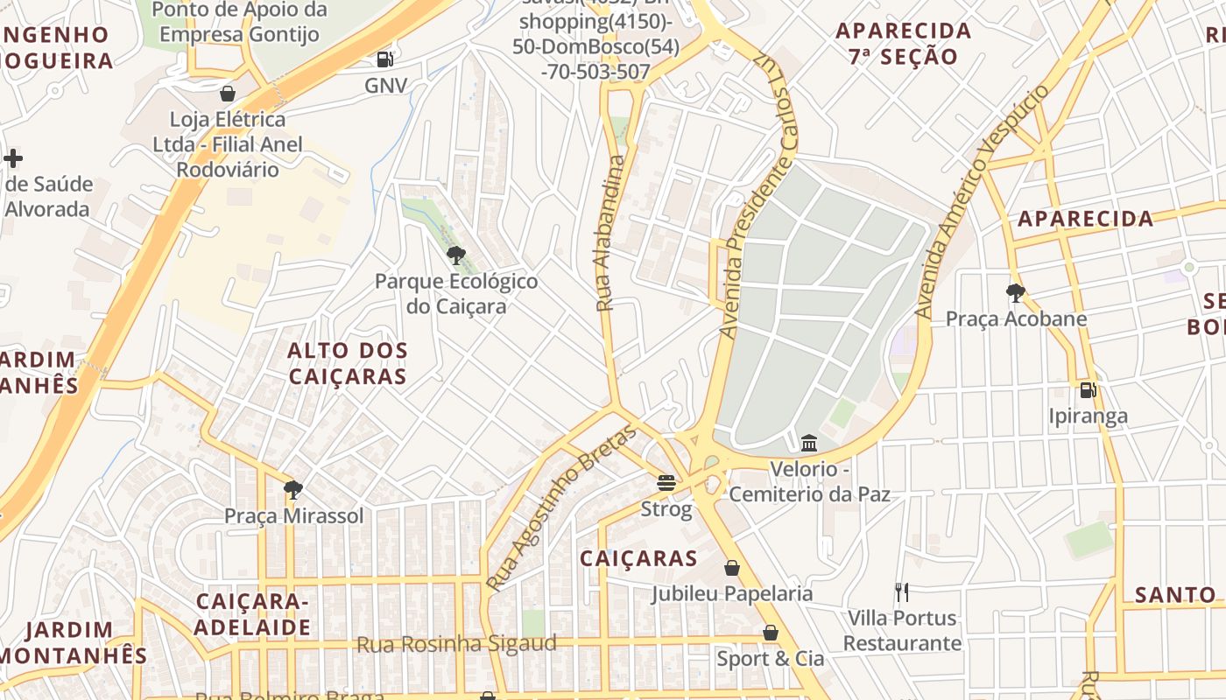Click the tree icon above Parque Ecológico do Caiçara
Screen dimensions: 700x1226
tap(455, 255)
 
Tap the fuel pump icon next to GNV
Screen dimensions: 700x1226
tap(384, 59)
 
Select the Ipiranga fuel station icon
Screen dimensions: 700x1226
tap(1088, 390)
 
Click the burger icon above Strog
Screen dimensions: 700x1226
tap(666, 483)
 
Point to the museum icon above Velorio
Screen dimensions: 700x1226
tap(809, 444)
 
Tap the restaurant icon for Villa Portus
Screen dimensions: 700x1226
tap(902, 592)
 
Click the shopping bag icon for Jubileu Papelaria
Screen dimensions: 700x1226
tap(732, 568)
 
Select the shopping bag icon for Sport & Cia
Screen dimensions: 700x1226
tap(771, 633)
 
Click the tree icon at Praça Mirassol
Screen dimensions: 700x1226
tap(293, 490)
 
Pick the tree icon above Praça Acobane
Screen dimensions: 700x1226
tap(1016, 292)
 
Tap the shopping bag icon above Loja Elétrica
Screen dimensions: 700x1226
tap(228, 94)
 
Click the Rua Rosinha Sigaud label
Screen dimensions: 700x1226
tap(456, 645)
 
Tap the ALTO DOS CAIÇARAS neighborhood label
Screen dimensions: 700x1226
tap(348, 363)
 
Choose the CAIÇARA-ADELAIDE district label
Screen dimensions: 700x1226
tap(252, 614)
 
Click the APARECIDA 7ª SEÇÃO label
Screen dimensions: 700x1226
tap(903, 44)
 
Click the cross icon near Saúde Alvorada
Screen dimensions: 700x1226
tap(13, 158)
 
